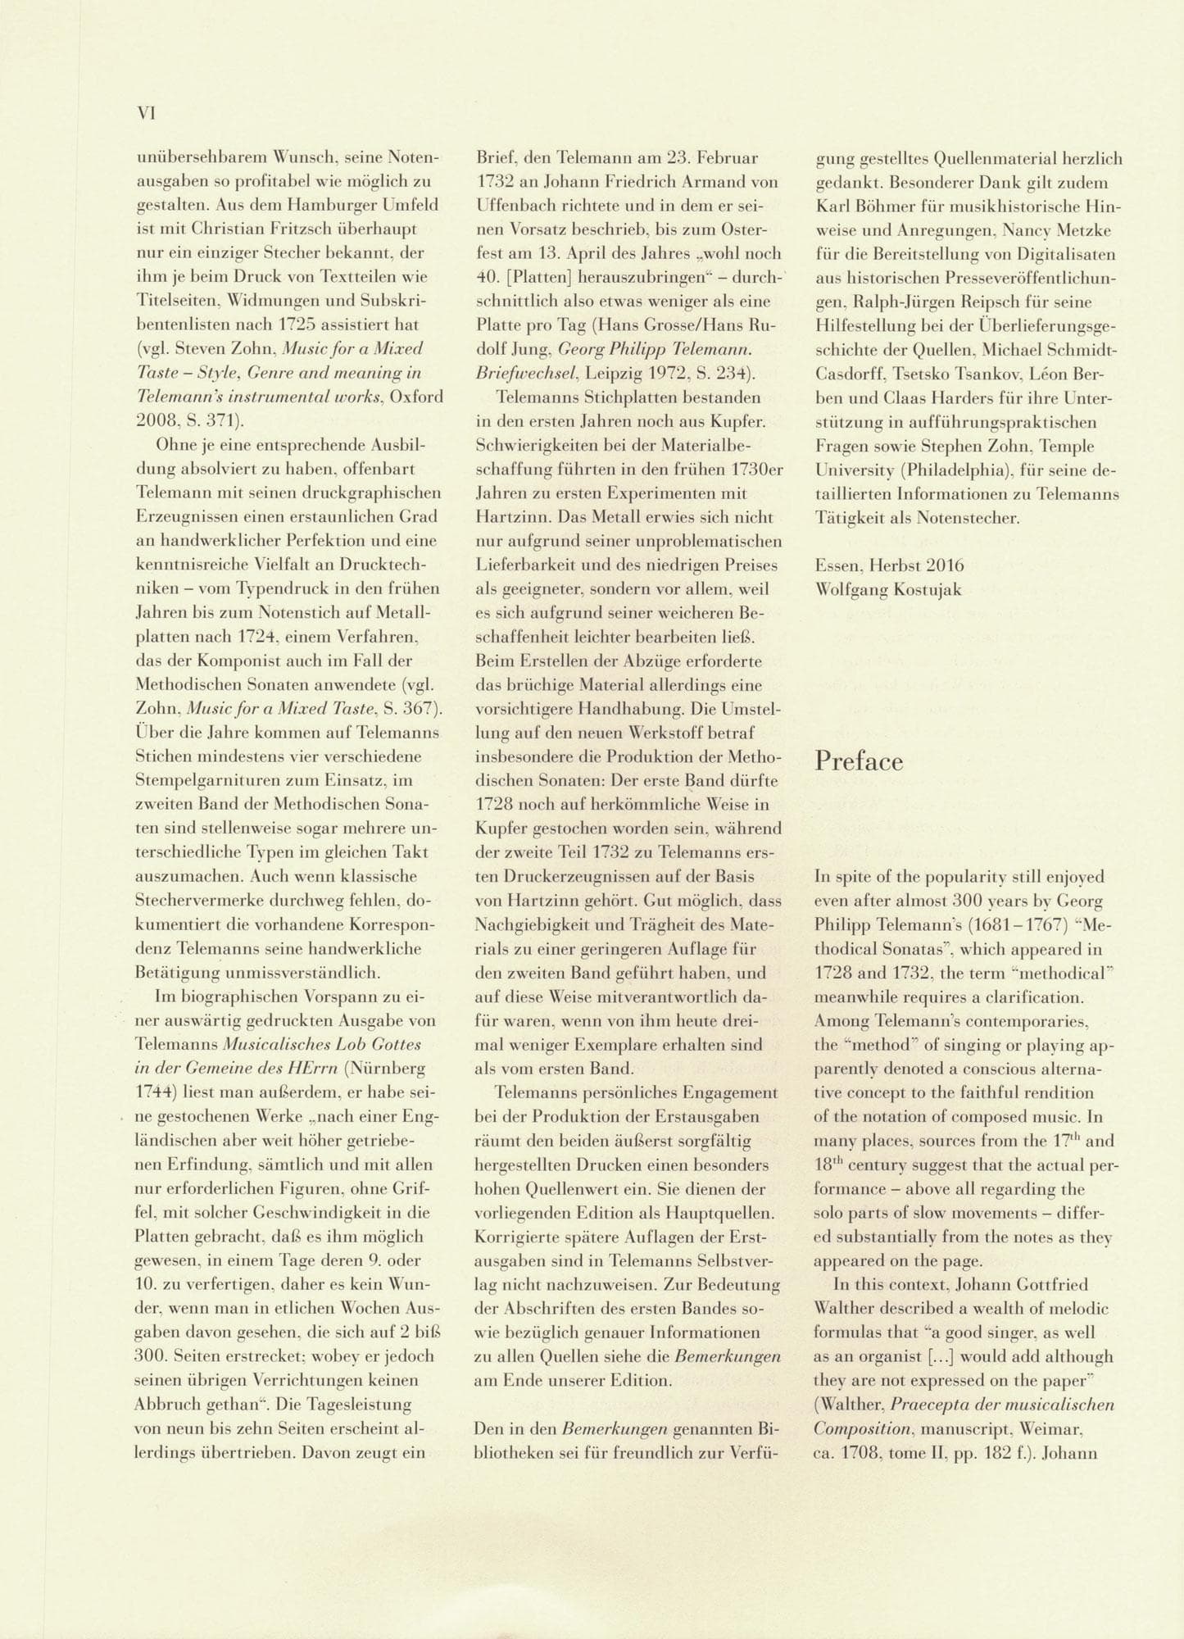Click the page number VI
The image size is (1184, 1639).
pos(145,114)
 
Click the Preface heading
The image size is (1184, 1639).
pos(859,761)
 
